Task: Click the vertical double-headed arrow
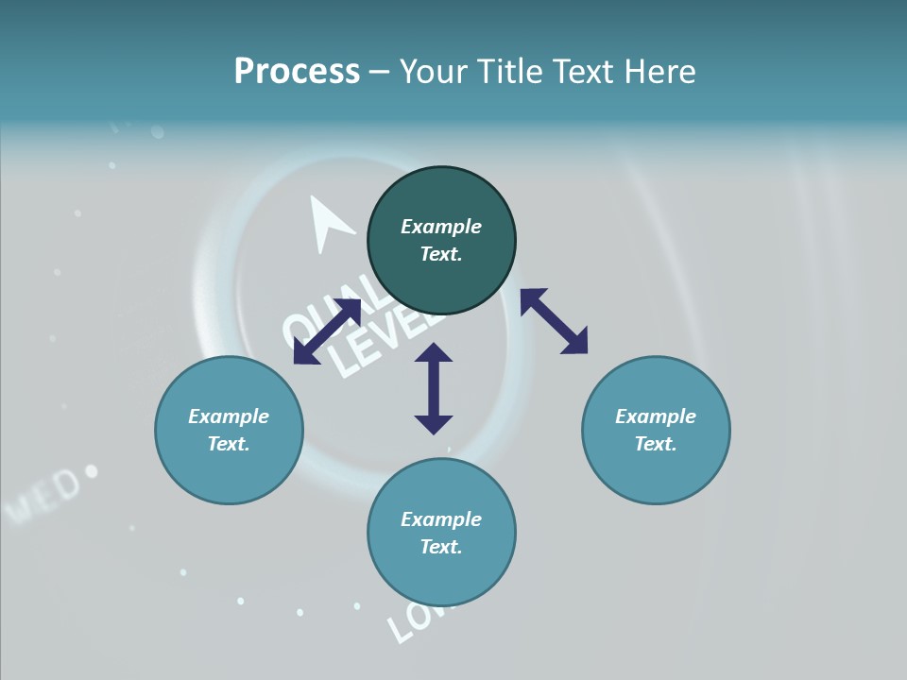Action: point(434,388)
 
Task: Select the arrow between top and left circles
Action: point(327,331)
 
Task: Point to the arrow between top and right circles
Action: point(554,321)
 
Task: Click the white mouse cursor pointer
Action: point(328,223)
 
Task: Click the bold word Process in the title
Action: point(297,72)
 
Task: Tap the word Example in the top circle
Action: point(441,227)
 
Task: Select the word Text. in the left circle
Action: point(229,444)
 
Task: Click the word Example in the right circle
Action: point(656,416)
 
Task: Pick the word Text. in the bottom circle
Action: point(441,547)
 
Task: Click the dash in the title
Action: point(380,72)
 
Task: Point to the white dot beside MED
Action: point(92,470)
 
